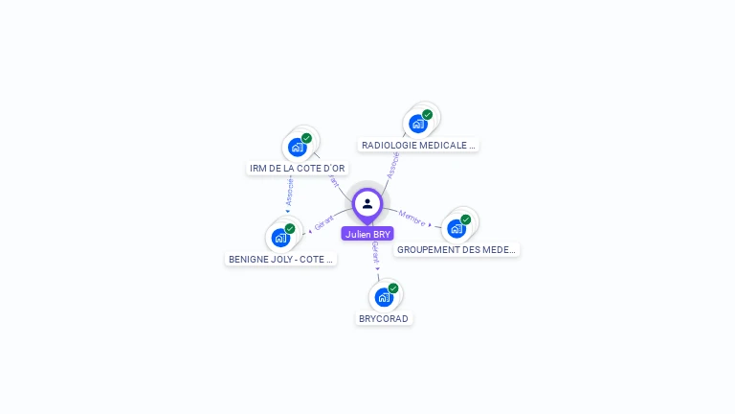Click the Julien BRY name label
pos(367,234)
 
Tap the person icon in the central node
pos(367,203)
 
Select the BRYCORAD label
pos(384,318)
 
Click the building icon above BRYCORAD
pos(384,297)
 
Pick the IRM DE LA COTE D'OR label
pos(298,168)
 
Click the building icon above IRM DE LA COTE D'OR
pos(297,148)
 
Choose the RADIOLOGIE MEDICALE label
pos(418,145)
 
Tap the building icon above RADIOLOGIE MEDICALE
pos(417,124)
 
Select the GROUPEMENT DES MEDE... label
pos(457,249)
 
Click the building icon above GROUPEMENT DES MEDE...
pos(457,228)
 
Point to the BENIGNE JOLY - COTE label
pos(281,259)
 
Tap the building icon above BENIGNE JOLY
pos(280,238)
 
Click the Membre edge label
pos(412,218)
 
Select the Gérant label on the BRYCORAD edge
pos(376,252)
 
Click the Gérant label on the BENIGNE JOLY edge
pos(324,223)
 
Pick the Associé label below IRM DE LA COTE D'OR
pos(289,190)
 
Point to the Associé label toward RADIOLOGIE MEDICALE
pos(392,164)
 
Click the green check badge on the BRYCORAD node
pos(392,288)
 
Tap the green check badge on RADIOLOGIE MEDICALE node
pos(427,115)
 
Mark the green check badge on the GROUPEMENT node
pos(465,219)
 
